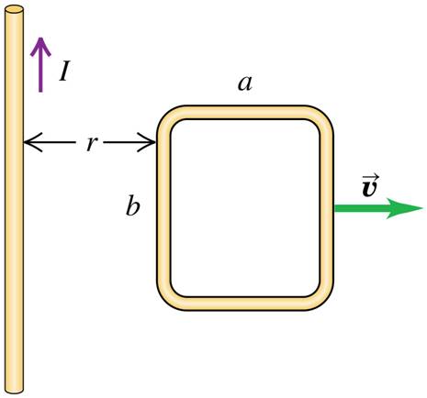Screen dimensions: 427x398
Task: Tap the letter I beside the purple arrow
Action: tap(64, 71)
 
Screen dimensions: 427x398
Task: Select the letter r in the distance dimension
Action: tap(91, 144)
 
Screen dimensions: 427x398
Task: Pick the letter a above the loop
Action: tap(245, 83)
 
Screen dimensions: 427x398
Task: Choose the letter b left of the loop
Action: tap(133, 206)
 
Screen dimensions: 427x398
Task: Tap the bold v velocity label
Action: tap(369, 187)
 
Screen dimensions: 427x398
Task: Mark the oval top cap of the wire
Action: tap(14, 10)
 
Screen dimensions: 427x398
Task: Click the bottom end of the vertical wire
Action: tap(14, 388)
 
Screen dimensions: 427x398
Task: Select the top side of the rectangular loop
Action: tap(245, 113)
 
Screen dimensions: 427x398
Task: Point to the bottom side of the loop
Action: tap(245, 304)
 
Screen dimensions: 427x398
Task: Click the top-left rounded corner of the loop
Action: tap(168, 116)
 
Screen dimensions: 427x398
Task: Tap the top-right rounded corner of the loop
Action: tap(322, 116)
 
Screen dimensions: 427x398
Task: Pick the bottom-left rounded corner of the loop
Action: tap(168, 298)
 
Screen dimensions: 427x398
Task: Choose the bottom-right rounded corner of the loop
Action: tap(322, 298)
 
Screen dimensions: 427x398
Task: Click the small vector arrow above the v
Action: tap(369, 173)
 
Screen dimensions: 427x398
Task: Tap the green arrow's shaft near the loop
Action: tap(354, 208)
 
